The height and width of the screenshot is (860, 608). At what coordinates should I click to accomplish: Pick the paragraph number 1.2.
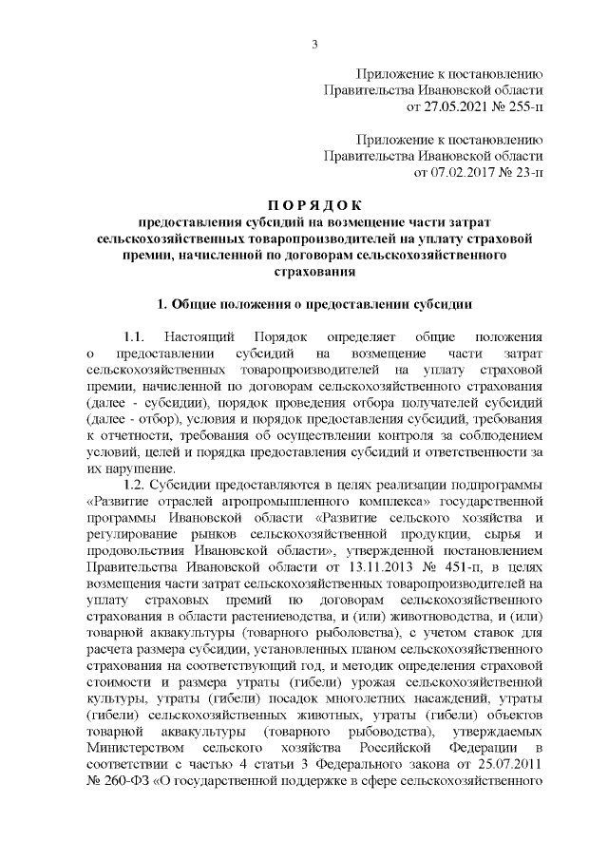(x=128, y=486)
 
